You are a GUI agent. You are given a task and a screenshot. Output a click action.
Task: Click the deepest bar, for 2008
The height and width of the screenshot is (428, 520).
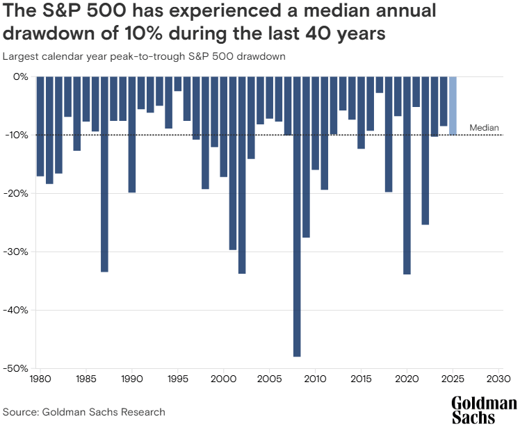(297, 216)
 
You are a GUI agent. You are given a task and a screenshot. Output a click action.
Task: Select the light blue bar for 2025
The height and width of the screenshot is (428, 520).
(453, 106)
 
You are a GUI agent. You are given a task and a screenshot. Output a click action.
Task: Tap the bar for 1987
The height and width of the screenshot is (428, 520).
(104, 174)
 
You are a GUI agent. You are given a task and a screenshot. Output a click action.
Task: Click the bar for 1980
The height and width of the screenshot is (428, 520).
(40, 126)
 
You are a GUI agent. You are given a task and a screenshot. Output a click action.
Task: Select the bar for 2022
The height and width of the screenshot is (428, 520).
(425, 150)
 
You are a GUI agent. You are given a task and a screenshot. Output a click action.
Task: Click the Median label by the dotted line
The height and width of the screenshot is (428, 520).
(485, 127)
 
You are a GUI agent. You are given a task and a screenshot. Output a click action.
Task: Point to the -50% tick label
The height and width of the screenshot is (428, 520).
(16, 368)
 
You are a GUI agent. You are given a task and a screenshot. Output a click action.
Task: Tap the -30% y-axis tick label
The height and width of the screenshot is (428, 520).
(16, 252)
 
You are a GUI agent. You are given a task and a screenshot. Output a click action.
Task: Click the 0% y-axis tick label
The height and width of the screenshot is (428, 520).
(21, 76)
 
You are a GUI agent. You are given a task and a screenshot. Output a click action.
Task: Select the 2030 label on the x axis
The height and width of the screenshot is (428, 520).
(498, 381)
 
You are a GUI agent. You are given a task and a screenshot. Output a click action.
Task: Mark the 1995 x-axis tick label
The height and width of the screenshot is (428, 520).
(177, 381)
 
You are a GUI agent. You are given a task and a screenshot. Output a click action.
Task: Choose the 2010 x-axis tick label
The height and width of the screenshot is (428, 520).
(315, 381)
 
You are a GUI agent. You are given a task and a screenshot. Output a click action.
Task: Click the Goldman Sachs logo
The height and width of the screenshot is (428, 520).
(484, 410)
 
